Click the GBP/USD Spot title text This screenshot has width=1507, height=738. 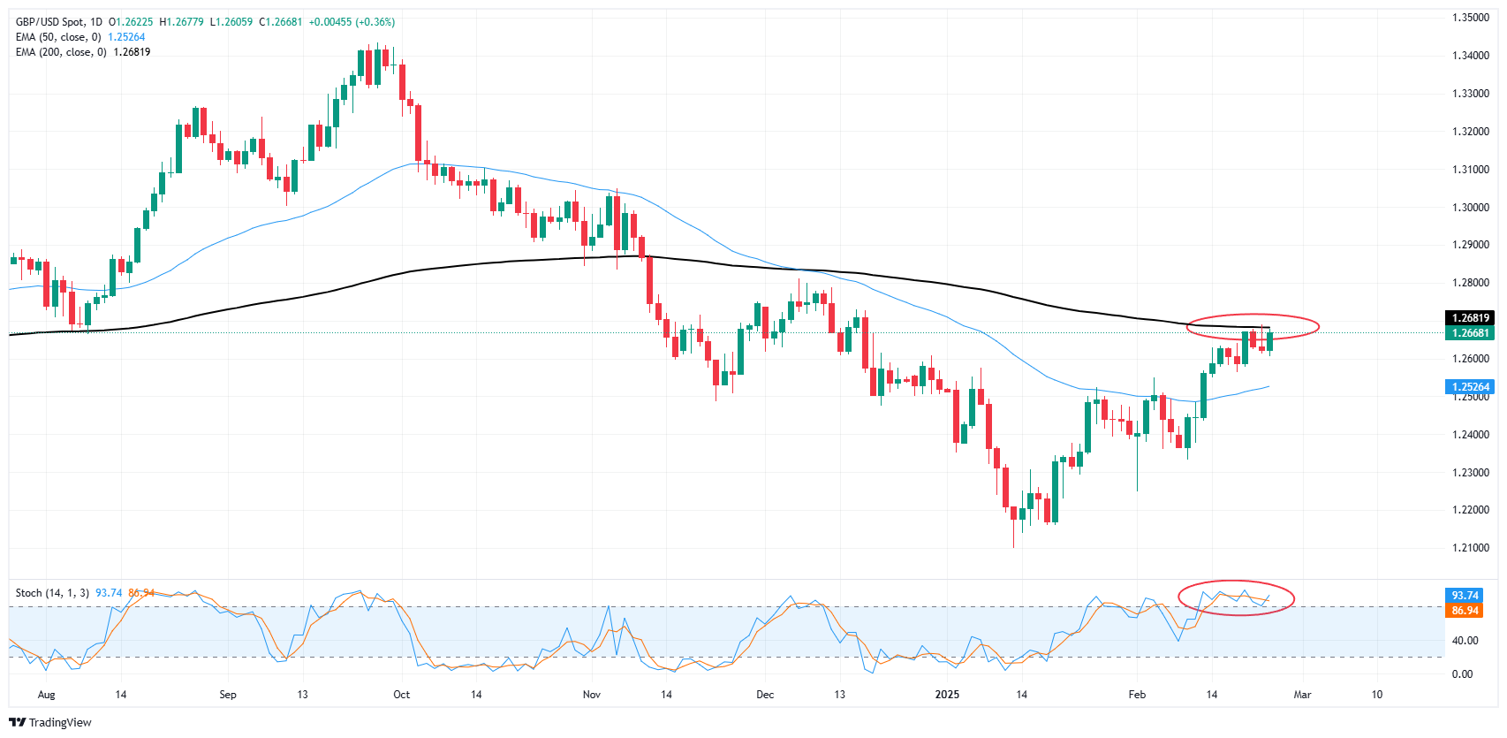coord(58,22)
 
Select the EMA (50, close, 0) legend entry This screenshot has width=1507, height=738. coord(58,37)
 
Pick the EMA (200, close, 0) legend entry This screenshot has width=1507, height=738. coord(61,52)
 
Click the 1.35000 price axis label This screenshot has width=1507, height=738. coord(1470,18)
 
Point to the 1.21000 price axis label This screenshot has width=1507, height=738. coord(1470,548)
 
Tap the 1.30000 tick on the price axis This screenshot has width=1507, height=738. coord(1470,208)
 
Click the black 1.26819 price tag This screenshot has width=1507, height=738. coord(1470,318)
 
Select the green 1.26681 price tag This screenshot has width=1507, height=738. coord(1470,333)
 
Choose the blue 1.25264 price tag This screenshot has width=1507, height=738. coord(1470,387)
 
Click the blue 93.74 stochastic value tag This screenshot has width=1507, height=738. coord(1465,596)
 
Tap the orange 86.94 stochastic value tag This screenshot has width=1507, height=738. coord(1465,611)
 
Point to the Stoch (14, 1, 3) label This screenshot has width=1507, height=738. coord(52,593)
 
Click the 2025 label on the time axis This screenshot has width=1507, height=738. coord(947,695)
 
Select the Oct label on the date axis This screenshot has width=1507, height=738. coord(402,695)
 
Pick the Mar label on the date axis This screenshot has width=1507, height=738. coord(1302,695)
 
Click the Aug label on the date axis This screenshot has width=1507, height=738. coord(46,695)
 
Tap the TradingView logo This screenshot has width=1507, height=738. coord(50,722)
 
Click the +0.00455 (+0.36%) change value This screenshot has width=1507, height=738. coord(352,22)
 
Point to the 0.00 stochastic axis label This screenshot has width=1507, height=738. coord(1463,674)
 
